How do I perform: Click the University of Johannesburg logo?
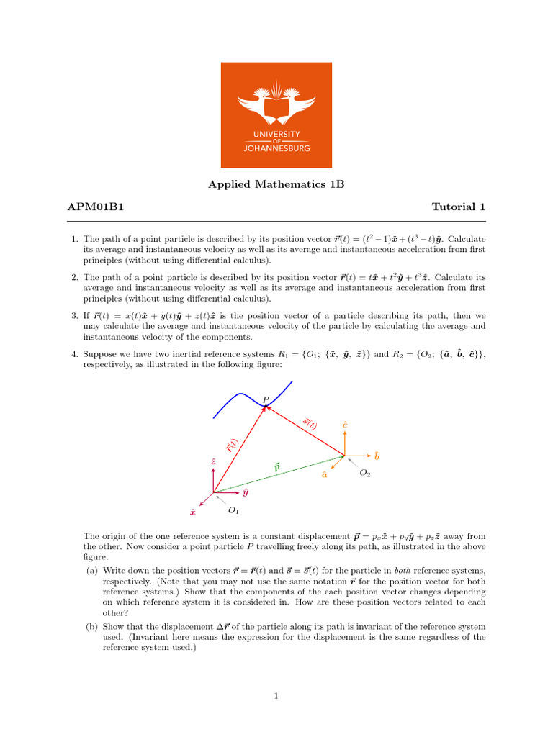click(276, 114)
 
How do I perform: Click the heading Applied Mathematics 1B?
click(276, 184)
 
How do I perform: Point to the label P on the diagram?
click(266, 399)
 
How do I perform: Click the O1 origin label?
click(233, 510)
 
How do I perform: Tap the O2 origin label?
click(365, 473)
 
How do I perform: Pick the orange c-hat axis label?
click(345, 425)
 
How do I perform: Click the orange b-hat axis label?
click(376, 456)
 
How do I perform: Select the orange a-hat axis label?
click(325, 474)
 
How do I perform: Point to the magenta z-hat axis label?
click(213, 461)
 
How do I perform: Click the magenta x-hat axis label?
click(193, 512)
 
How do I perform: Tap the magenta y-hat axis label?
click(246, 493)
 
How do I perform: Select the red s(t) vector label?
click(309, 423)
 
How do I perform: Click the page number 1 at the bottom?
click(276, 696)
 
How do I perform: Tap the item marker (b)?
click(91, 627)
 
